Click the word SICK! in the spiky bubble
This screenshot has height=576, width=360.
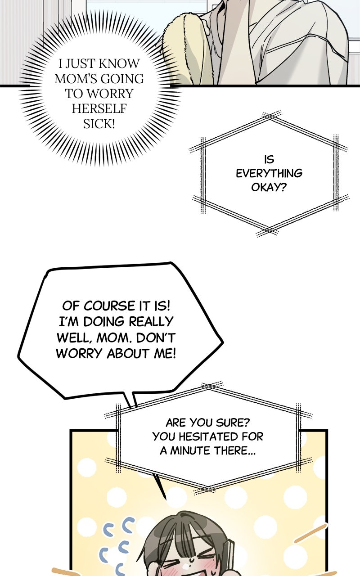point(99,124)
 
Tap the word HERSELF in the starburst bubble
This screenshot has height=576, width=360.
point(99,109)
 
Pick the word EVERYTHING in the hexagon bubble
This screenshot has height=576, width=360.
point(269,173)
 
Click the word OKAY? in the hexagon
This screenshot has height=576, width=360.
point(269,187)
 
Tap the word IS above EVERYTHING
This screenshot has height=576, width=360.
point(269,159)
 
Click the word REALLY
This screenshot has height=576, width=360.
point(151,322)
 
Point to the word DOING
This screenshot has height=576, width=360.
point(103,322)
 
